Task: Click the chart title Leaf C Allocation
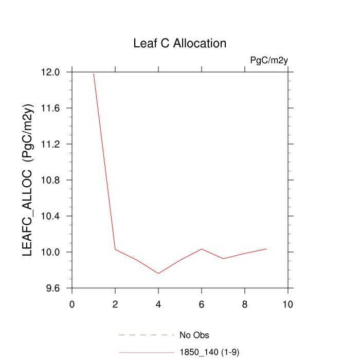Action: tap(179, 43)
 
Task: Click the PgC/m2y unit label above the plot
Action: tap(268, 60)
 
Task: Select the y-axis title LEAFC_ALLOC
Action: tap(28, 179)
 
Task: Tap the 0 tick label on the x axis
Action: tap(72, 304)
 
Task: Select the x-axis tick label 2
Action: tap(115, 304)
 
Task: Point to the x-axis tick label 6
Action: tap(202, 304)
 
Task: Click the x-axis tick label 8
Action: tap(245, 304)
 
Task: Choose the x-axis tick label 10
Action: tap(288, 304)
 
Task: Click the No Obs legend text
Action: tap(194, 335)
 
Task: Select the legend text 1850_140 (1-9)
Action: tap(209, 352)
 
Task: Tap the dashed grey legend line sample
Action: tap(147, 335)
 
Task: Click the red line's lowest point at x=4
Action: tap(158, 274)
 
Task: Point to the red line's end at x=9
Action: tap(266, 249)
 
